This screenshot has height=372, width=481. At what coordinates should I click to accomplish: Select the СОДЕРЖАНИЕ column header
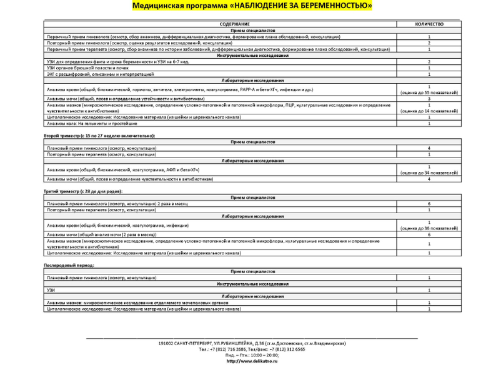[217, 24]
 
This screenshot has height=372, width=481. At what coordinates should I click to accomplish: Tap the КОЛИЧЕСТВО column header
[429, 24]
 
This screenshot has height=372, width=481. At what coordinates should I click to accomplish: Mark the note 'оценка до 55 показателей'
[429, 93]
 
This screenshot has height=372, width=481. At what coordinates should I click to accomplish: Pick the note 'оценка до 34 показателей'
[429, 173]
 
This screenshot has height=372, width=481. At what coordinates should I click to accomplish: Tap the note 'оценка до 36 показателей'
[429, 228]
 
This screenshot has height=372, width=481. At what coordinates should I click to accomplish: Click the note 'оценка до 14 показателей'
[429, 111]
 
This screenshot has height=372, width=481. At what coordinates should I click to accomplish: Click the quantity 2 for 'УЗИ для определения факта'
[429, 62]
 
